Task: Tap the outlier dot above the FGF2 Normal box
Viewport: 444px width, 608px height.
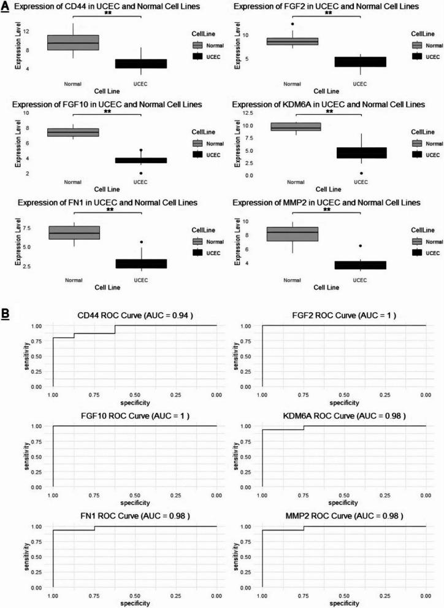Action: [x=292, y=24]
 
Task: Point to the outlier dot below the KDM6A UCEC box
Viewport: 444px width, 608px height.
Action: [x=361, y=174]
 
